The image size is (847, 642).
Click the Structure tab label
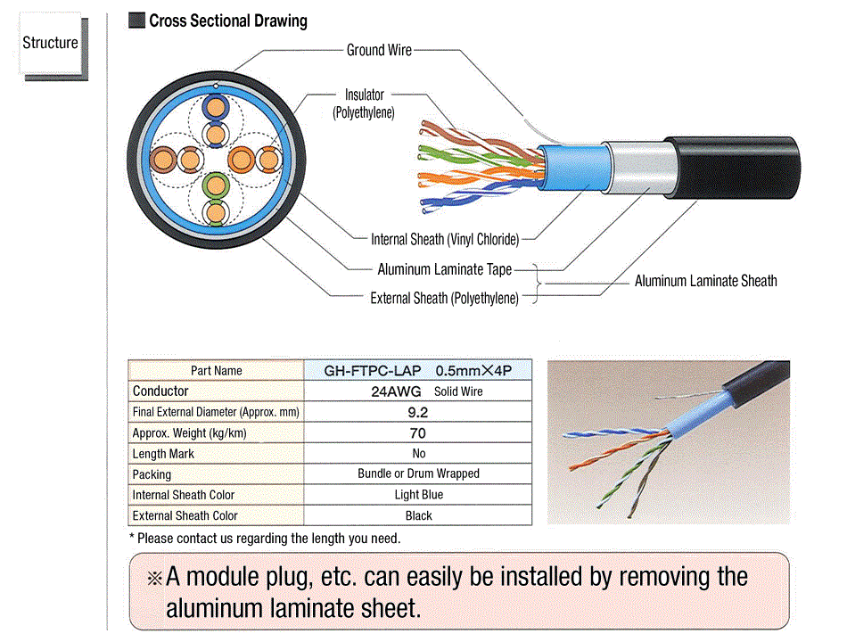(50, 43)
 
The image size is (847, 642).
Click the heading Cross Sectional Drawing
(227, 21)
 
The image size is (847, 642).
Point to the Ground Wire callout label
(379, 50)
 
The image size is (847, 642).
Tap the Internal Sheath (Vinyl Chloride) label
(445, 238)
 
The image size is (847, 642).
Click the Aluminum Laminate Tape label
(444, 268)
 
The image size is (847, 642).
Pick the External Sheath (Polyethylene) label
(444, 298)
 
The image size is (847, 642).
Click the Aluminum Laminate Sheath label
(705, 281)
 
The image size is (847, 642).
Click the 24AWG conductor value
(391, 391)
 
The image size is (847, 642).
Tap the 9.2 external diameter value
(418, 412)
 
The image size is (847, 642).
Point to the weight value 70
(418, 432)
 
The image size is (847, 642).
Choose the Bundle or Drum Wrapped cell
(418, 473)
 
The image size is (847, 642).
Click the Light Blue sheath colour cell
(418, 494)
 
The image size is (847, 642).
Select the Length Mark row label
(163, 453)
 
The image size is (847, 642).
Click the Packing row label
(152, 473)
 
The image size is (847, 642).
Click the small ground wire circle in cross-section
(216, 86)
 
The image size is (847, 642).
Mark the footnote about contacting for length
(265, 538)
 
